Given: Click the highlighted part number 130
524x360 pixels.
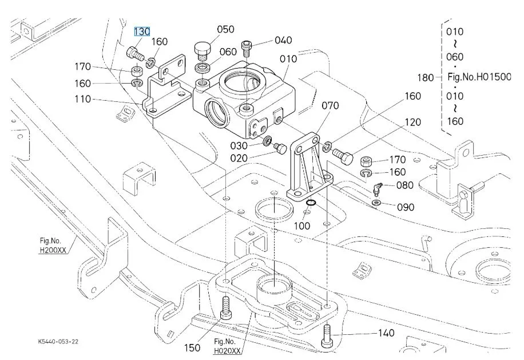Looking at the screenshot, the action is (142, 31).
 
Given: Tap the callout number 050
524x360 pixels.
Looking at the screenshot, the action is (225, 29).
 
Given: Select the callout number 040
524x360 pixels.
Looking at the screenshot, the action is (283, 41).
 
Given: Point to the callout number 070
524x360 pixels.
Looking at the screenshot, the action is (330, 106).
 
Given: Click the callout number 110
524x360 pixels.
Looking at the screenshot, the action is (82, 99).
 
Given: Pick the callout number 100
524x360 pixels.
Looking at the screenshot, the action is (302, 226).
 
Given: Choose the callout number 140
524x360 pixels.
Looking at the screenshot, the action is (386, 333).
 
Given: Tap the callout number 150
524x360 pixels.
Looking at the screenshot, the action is (192, 348).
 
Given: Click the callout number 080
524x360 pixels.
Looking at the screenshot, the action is (404, 185).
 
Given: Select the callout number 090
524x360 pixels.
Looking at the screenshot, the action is (406, 207).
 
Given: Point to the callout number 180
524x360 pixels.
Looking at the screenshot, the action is (426, 78).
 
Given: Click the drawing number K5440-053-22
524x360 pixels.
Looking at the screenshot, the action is (58, 342).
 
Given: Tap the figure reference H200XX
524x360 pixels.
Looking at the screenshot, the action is (53, 250).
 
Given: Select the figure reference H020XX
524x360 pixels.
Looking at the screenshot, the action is (227, 351).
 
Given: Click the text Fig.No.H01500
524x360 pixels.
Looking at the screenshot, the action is (479, 77).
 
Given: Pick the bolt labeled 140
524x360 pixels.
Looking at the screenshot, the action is (326, 337).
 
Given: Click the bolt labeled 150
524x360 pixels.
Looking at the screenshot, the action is (225, 307).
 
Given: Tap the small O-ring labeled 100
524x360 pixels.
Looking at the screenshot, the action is (311, 203).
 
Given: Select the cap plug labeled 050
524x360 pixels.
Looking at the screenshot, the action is (203, 50).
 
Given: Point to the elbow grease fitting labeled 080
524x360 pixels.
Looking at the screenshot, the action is (376, 189).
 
